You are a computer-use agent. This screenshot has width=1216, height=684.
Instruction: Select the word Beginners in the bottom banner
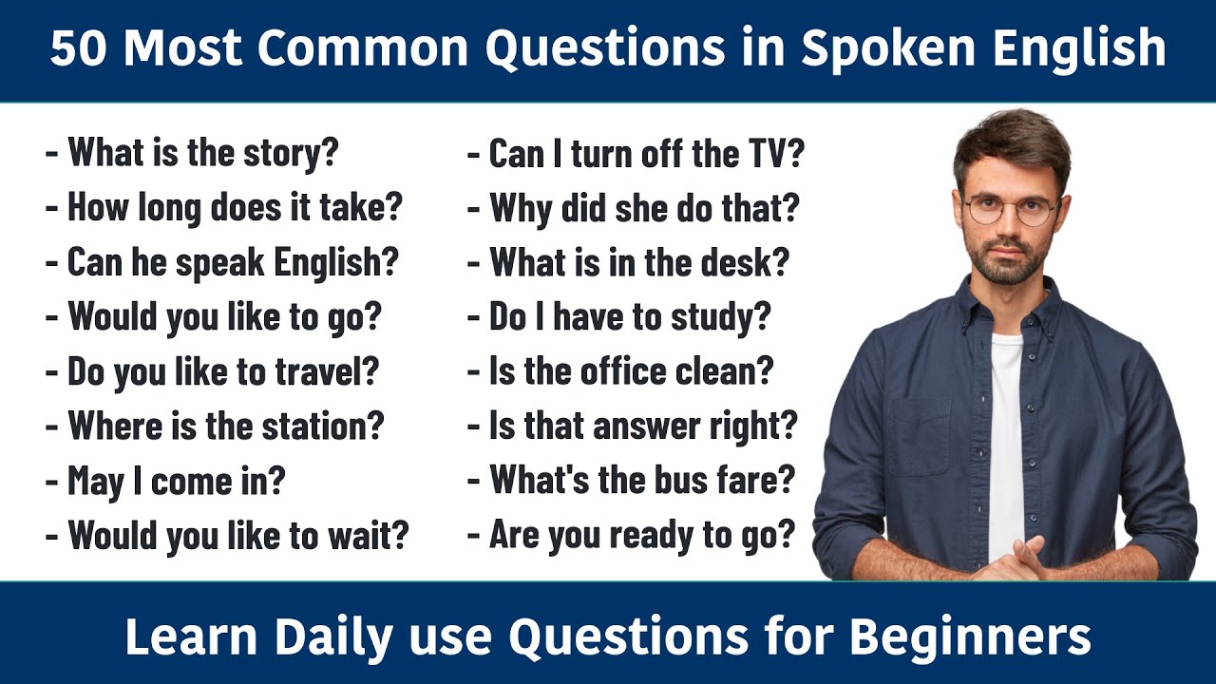[x=970, y=637]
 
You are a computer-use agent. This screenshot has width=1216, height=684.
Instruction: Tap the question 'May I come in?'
[x=176, y=481]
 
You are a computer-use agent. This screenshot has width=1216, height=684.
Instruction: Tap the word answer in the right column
[x=646, y=427]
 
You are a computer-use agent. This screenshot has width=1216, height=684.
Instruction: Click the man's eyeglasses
[x=1011, y=209]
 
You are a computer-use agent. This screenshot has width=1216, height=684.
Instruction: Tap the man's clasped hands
[x=1016, y=560]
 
